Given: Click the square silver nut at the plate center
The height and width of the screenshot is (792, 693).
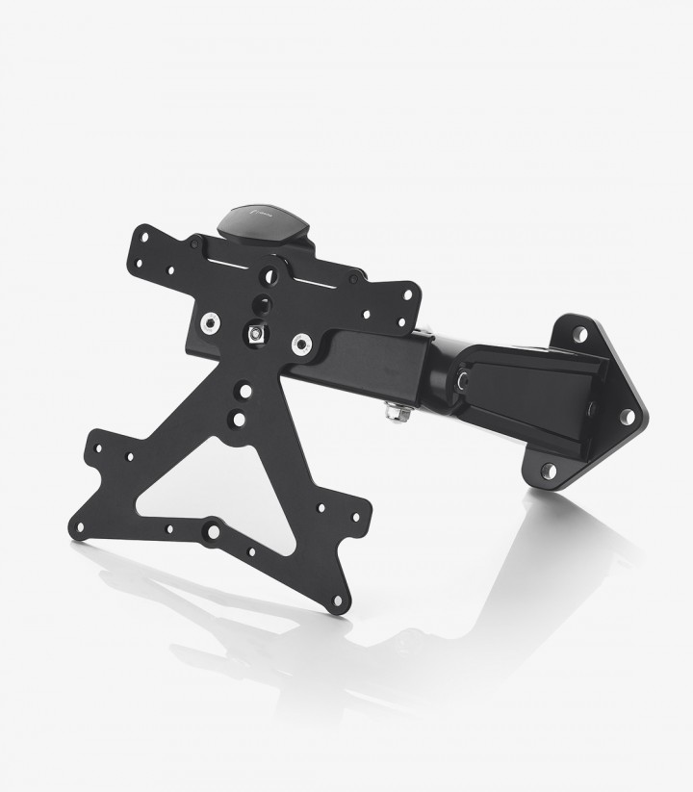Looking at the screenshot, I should pos(256,333).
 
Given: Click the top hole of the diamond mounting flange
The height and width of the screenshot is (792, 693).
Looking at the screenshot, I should pos(580,334).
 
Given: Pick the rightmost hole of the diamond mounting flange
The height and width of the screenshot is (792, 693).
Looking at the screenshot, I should pos(627,417).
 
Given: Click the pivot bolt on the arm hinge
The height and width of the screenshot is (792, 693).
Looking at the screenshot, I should pos(465,382).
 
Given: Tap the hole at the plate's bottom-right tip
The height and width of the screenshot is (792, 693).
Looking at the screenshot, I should pos(338,604).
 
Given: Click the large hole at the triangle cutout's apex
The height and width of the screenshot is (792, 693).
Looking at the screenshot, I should pos(245,391).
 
